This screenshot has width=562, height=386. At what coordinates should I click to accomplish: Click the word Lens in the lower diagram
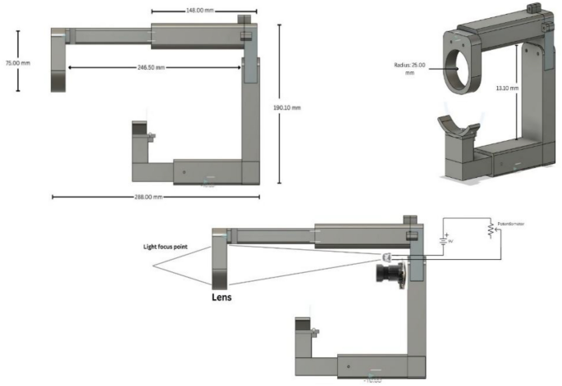(220, 298)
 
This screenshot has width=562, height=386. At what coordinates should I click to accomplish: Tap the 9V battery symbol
(445, 241)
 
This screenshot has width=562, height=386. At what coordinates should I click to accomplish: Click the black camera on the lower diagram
(391, 273)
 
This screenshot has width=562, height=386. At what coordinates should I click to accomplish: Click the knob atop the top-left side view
(244, 20)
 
